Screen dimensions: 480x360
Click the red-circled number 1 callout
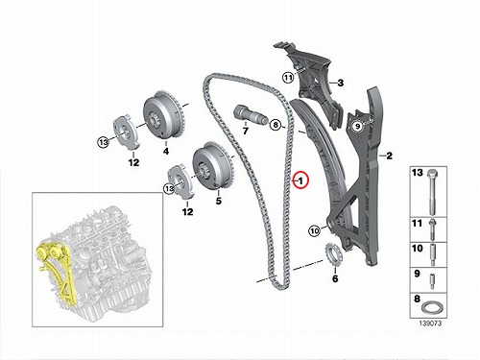point(300,180)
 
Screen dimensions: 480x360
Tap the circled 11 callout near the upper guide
point(288,78)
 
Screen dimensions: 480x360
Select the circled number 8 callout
point(276,124)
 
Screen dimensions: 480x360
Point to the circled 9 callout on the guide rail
point(358,126)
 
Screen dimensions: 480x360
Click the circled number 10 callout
point(315,230)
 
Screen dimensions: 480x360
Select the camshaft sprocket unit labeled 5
point(214,166)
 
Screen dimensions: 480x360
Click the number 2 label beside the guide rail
point(389,156)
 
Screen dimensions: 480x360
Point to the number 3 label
point(341,83)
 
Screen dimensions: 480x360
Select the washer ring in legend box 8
point(429,307)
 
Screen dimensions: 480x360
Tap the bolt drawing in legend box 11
point(432,229)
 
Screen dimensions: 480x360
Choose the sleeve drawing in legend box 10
point(433,255)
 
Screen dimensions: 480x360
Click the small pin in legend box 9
point(432,280)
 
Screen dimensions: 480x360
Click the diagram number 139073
point(430,324)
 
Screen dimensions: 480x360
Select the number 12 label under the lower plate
point(187,211)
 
